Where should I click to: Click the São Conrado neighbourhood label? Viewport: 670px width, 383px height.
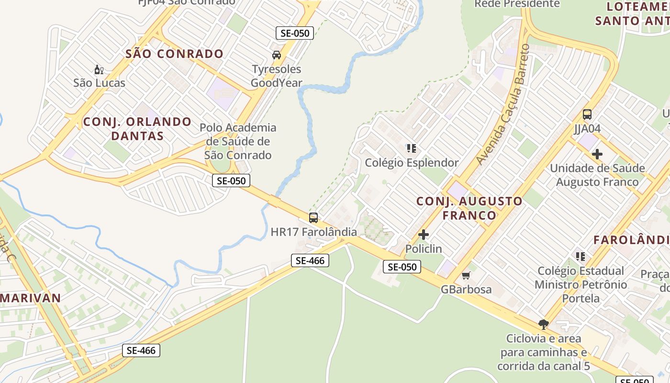(x=175, y=54)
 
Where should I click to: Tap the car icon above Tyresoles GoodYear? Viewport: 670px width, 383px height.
(x=277, y=55)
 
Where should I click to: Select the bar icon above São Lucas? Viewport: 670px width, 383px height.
(x=99, y=70)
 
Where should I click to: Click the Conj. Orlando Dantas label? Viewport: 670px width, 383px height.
(x=137, y=129)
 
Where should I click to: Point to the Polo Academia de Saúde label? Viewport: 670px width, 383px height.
(x=238, y=141)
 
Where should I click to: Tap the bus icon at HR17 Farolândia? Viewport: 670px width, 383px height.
(x=313, y=218)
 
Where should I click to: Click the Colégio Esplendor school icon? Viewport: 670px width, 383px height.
(x=412, y=148)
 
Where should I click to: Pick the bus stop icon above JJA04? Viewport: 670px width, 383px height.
(x=587, y=114)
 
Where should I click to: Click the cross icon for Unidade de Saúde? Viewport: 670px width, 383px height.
(x=597, y=154)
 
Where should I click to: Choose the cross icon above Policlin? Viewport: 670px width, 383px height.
(x=424, y=235)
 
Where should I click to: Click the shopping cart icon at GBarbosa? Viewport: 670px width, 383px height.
(x=466, y=275)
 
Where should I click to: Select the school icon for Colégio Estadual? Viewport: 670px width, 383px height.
(x=581, y=257)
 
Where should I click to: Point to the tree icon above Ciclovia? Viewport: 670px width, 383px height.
(x=543, y=325)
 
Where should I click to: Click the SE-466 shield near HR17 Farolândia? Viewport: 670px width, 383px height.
(x=310, y=260)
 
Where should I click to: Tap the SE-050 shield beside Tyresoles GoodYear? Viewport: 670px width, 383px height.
(x=295, y=33)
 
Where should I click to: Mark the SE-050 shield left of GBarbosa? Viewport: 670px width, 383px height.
(x=402, y=267)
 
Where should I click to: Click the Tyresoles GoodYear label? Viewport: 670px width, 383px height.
(x=277, y=76)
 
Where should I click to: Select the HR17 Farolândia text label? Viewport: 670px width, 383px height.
(x=313, y=232)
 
